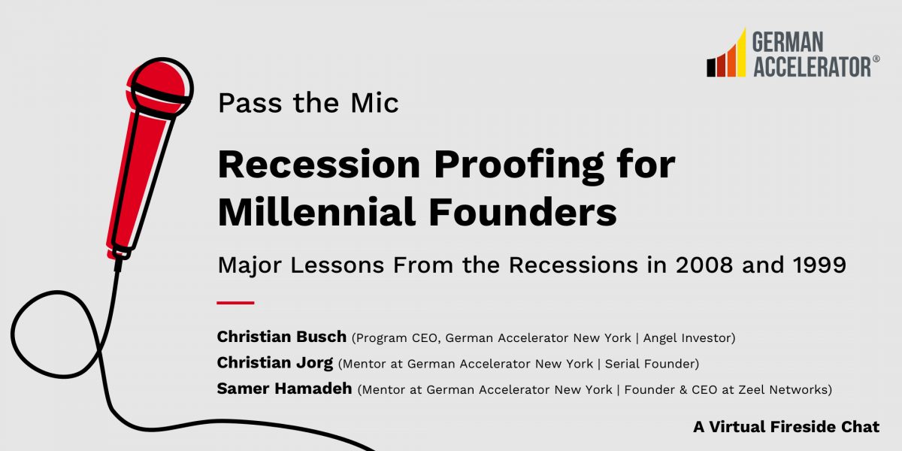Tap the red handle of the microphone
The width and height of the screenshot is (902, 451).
139,180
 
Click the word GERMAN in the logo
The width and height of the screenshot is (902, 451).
788,42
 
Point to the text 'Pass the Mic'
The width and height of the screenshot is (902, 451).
308,103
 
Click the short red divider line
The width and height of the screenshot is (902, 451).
235,302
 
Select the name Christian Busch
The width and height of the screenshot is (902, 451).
282,337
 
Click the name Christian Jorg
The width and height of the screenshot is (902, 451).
275,363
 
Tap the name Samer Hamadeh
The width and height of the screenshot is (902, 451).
284,389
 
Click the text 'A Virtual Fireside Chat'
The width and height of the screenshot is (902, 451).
786,427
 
